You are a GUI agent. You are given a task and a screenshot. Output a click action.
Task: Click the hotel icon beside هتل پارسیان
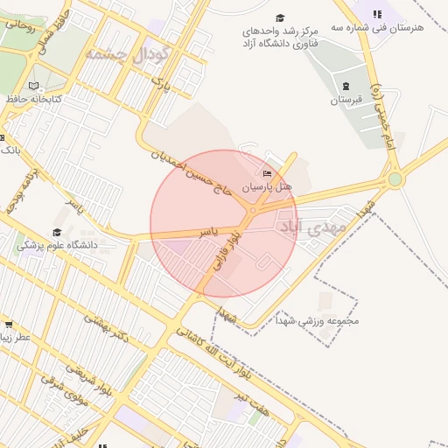(x=267, y=174)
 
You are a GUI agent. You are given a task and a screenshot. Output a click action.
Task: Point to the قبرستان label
(x=346, y=100)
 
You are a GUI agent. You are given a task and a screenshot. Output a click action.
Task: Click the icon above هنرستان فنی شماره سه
(x=377, y=14)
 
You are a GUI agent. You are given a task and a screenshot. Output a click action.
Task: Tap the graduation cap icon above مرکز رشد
(x=280, y=17)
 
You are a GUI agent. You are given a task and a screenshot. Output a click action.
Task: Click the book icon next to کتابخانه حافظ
(x=33, y=86)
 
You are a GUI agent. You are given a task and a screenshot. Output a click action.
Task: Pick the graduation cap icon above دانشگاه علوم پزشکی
(x=57, y=232)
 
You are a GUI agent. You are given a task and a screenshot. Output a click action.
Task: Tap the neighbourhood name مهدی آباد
(x=312, y=226)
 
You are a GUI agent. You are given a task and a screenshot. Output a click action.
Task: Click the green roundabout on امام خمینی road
(x=395, y=179)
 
